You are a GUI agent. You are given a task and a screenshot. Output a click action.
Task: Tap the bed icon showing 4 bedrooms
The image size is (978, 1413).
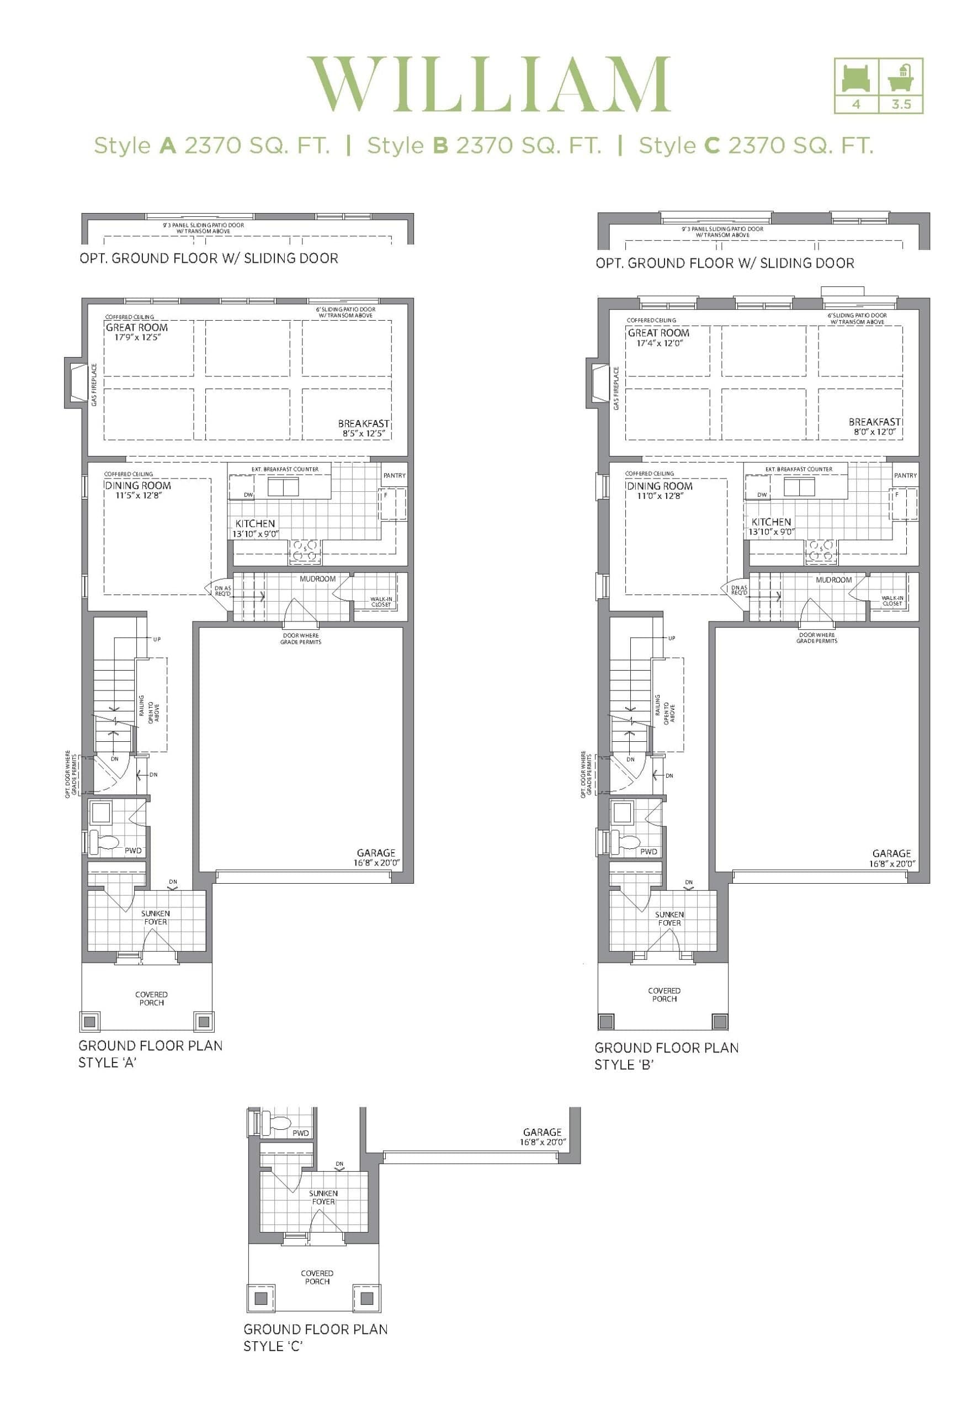pos(855,77)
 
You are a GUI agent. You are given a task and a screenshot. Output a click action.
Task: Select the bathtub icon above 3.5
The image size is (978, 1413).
pos(901,77)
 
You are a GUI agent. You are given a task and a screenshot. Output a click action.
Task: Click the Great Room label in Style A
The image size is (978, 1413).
pos(137,327)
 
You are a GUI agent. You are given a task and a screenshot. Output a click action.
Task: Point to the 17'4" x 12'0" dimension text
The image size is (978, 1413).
pos(655,343)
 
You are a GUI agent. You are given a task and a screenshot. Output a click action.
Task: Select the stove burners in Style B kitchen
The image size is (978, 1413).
pos(821,551)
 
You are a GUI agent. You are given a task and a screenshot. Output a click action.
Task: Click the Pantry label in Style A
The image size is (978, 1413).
pos(394,475)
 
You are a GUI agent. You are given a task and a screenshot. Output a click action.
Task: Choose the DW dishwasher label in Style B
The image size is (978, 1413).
pos(762,495)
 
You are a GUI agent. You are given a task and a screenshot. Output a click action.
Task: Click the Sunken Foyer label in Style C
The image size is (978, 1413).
pos(323,1197)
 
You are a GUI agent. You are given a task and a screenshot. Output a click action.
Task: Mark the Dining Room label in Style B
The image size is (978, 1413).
pos(660,486)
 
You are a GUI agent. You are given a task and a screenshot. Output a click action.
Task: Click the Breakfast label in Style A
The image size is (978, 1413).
pos(363,423)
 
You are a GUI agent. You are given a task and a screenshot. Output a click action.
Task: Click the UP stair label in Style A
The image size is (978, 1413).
pos(157,639)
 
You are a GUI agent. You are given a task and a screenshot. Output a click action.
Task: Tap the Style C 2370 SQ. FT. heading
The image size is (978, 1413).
pos(756,146)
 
